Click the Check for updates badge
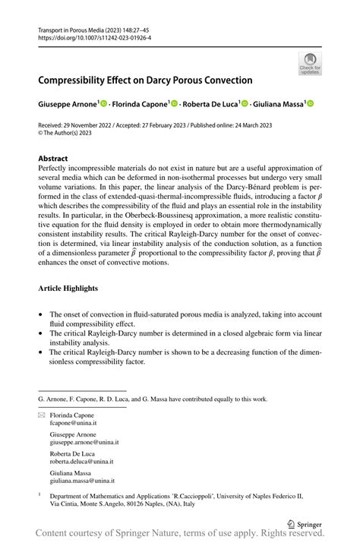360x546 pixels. click(x=310, y=64)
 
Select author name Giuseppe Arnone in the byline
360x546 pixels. click(x=66, y=103)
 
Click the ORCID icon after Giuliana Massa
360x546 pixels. click(x=311, y=103)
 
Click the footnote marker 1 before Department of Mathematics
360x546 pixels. click(x=39, y=494)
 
